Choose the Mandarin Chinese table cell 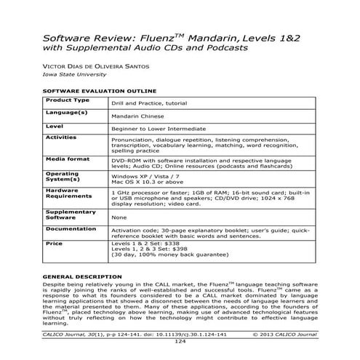(137, 116)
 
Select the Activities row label (61, 137)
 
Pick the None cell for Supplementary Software (119, 217)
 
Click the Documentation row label (71, 228)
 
